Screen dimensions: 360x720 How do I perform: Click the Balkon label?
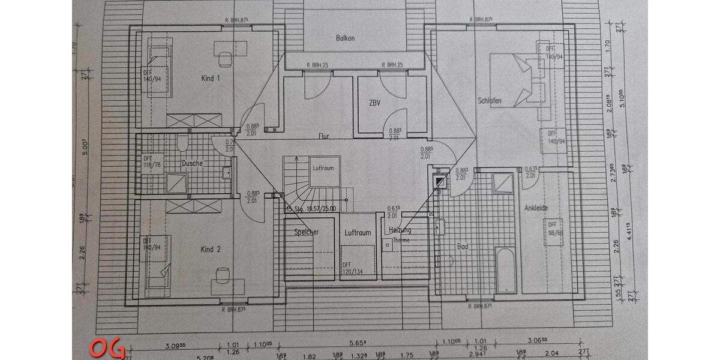click(x=345, y=38)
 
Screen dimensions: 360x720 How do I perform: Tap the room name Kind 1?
click(x=210, y=79)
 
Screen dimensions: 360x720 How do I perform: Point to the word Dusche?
click(x=192, y=163)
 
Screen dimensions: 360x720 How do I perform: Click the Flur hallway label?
click(x=324, y=136)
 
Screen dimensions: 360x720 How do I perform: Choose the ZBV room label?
click(x=376, y=103)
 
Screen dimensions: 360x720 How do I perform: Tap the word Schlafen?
click(x=489, y=100)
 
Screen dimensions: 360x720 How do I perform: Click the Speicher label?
click(x=306, y=232)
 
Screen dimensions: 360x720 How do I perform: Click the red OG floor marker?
click(x=106, y=348)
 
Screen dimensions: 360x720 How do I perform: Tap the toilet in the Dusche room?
click(x=183, y=143)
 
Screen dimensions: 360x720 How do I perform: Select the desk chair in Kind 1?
click(x=224, y=59)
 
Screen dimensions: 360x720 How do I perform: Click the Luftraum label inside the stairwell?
click(x=323, y=169)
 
